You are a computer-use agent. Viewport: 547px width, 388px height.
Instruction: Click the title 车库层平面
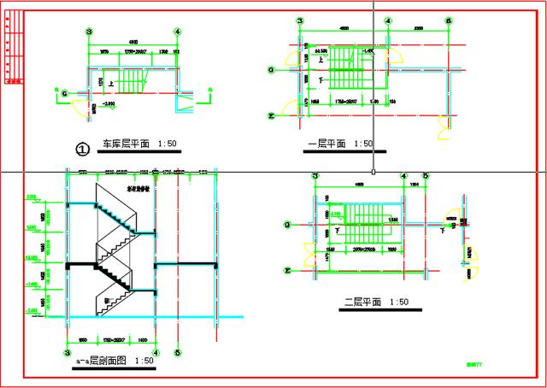click(126, 144)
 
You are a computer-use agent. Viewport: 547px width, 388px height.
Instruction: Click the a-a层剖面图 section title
click(102, 362)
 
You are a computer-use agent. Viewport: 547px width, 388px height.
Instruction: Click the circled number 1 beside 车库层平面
click(83, 149)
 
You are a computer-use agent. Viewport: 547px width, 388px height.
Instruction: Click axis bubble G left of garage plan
click(65, 91)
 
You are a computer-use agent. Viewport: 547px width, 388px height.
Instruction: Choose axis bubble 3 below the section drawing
click(67, 351)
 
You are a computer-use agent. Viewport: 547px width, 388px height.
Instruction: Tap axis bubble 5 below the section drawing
click(177, 351)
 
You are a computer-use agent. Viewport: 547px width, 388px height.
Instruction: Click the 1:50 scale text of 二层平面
click(399, 302)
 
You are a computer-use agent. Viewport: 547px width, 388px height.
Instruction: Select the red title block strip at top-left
click(12, 50)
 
